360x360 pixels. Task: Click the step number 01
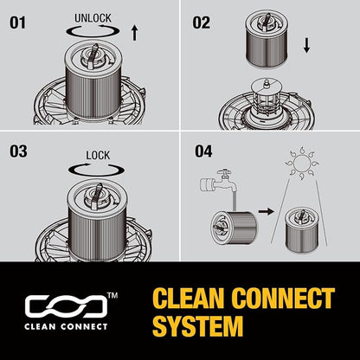tap(17, 22)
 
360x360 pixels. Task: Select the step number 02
tap(202, 22)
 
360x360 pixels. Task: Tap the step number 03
tap(18, 151)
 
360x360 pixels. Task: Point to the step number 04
tap(203, 151)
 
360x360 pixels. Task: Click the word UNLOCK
tap(93, 18)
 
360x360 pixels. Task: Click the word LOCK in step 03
tap(98, 156)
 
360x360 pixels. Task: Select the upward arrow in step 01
tap(134, 33)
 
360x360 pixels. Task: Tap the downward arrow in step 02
tap(306, 46)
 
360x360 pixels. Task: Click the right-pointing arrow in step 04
tap(266, 212)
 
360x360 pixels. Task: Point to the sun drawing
tap(302, 163)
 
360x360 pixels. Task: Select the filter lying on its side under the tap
tap(235, 228)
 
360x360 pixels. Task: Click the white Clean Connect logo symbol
tap(66, 305)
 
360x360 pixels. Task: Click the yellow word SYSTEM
tap(198, 326)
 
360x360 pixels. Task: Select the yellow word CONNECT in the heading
tap(283, 298)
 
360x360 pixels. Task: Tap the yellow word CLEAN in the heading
tap(189, 298)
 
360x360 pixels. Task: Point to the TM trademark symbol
tap(112, 295)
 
